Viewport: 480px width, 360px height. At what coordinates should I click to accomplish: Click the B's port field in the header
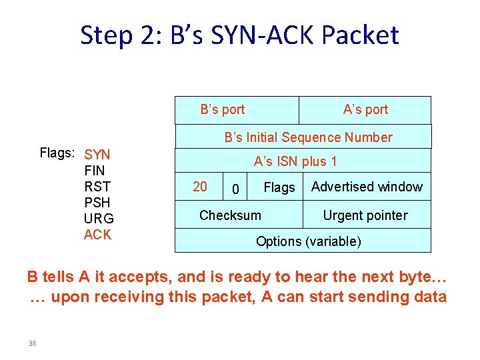(x=223, y=109)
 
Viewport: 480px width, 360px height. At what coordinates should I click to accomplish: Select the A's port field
(x=365, y=109)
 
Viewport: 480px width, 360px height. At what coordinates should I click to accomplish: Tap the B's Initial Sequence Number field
(x=308, y=137)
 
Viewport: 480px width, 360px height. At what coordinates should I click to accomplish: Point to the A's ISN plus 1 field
(x=295, y=161)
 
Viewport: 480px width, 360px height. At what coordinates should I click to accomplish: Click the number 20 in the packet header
(x=200, y=187)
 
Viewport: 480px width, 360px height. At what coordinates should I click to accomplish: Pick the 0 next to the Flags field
(x=235, y=190)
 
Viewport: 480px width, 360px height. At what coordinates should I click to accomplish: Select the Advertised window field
(x=367, y=187)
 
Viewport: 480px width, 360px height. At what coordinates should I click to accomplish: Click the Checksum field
(x=230, y=215)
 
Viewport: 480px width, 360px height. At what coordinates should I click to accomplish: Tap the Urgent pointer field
(x=365, y=215)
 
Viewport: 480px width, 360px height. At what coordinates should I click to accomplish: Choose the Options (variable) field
(x=309, y=241)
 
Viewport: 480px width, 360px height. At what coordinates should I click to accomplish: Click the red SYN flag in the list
(x=97, y=155)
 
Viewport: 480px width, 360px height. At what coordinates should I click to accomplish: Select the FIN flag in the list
(x=95, y=171)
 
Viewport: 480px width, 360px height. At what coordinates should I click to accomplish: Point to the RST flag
(x=97, y=187)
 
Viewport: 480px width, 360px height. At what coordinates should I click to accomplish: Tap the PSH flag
(x=97, y=203)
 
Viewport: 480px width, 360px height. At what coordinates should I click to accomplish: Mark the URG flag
(x=99, y=219)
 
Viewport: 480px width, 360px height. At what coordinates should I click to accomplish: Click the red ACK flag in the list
(x=97, y=235)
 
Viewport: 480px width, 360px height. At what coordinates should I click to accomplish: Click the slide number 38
(x=32, y=343)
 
